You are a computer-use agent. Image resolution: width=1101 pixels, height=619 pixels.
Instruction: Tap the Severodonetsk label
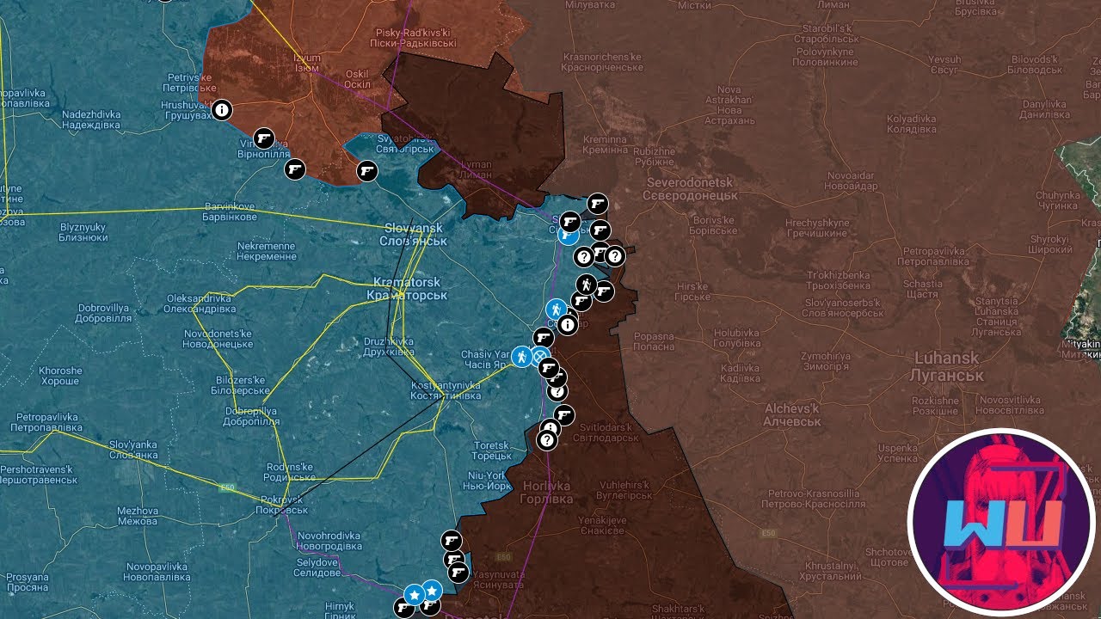click(x=690, y=189)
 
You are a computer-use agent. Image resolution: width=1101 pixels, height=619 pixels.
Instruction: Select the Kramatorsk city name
click(x=407, y=289)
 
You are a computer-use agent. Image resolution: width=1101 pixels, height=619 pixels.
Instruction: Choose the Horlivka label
click(x=546, y=493)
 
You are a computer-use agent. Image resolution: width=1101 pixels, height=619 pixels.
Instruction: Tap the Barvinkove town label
click(x=231, y=211)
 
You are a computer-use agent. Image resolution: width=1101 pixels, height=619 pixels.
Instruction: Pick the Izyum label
click(x=307, y=64)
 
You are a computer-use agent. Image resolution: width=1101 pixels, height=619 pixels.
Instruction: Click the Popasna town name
click(x=654, y=341)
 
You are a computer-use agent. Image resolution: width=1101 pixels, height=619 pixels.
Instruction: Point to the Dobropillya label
click(x=251, y=416)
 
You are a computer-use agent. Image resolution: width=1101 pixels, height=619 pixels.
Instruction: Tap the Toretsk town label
click(x=491, y=450)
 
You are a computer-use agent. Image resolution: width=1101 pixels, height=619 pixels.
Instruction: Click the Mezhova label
click(x=138, y=516)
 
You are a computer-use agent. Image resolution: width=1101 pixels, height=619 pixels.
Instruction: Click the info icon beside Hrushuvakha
click(x=222, y=110)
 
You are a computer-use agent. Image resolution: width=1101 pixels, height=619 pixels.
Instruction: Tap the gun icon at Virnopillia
click(x=264, y=138)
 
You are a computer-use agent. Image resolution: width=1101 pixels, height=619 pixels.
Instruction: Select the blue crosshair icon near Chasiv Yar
click(x=541, y=357)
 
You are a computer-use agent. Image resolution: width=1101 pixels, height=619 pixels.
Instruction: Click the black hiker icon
click(x=586, y=284)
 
